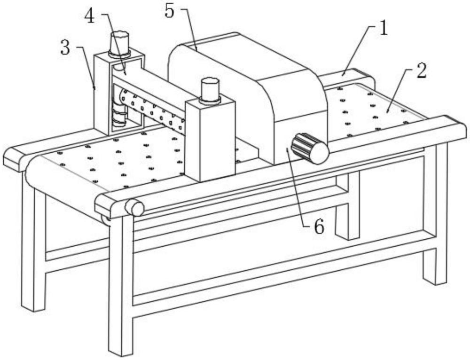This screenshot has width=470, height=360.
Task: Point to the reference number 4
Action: [x=89, y=16]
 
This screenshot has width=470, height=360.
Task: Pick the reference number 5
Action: [x=169, y=11]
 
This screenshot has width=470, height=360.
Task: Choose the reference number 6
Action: [x=319, y=227]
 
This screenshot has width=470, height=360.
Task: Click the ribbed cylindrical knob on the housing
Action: [x=310, y=148]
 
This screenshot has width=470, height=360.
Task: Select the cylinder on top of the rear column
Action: [x=120, y=44]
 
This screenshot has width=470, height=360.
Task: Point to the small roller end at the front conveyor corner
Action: [x=134, y=207]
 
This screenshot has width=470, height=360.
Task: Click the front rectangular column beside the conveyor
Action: [x=210, y=140]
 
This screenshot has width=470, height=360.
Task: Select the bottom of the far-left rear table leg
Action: [x=33, y=306]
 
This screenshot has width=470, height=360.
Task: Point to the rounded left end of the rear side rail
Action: [x=14, y=159]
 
